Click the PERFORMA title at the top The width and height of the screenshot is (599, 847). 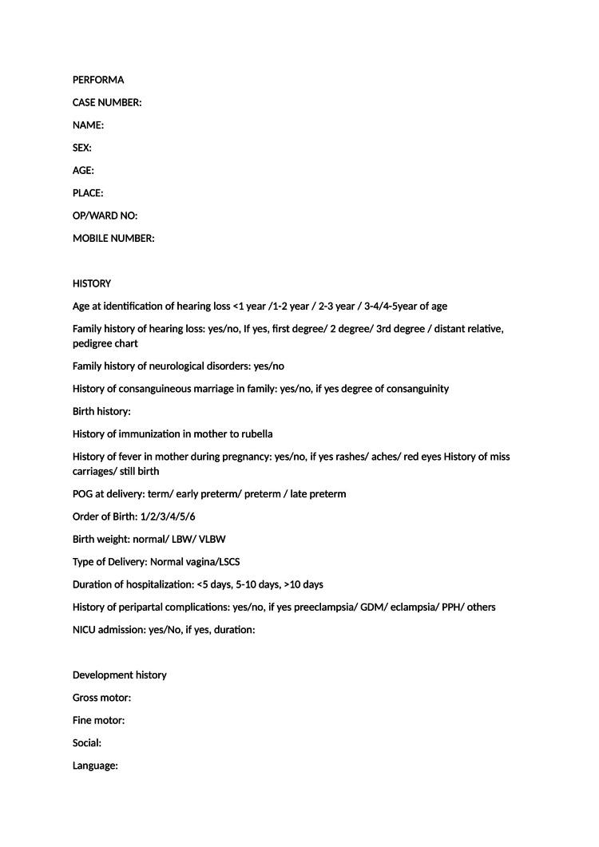[98, 80]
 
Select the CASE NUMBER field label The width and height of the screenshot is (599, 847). [107, 102]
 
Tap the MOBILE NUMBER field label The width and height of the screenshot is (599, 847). [113, 238]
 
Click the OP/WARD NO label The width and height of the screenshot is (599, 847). [105, 216]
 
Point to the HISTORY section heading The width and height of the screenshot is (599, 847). [92, 283]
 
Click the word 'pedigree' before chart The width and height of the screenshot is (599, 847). [93, 343]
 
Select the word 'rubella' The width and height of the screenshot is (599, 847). [255, 433]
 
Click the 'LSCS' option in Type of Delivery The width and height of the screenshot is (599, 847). [229, 562]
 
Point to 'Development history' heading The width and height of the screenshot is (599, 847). [120, 675]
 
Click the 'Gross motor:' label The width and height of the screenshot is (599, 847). [101, 698]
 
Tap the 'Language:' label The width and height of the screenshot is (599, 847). [95, 766]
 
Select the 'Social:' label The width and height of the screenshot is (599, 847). [87, 742]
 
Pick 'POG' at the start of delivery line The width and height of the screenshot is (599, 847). [83, 494]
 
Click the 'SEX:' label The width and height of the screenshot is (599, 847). [82, 148]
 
